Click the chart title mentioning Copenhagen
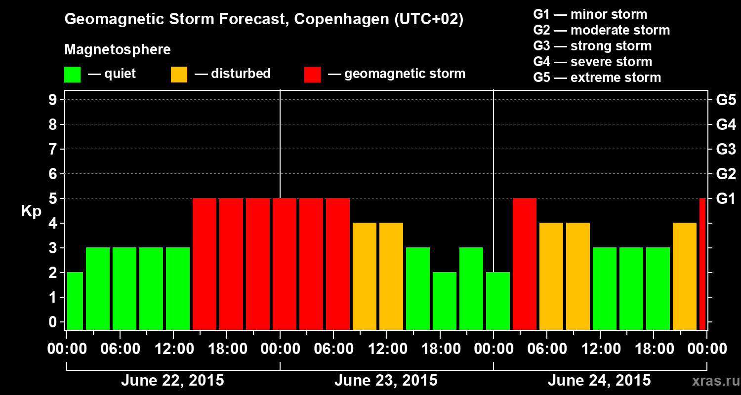264,20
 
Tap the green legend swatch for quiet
72,75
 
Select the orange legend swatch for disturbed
179,75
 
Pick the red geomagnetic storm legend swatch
312,75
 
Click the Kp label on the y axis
31,211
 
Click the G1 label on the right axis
726,198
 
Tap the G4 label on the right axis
726,124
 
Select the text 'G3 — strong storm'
592,46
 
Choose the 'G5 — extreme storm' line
597,78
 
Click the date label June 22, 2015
172,381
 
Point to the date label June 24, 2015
599,381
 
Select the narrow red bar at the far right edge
702,264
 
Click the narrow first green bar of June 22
75,301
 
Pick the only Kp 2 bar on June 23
445,301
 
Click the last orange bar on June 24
685,276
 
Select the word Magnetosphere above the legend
118,50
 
